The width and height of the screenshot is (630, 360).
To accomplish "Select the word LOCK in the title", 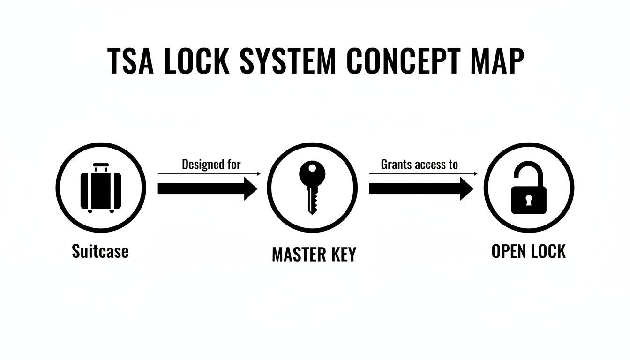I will point(196,61).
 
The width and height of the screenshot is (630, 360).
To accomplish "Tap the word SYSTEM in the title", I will point(288,61).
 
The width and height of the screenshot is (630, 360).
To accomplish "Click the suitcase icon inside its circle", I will point(101,188).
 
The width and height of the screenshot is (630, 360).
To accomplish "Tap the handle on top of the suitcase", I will point(101,167).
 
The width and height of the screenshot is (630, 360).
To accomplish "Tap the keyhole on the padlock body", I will point(529,201).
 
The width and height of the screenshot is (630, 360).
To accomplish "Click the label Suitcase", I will point(100,251).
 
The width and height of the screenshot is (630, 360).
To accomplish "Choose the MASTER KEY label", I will point(314,254).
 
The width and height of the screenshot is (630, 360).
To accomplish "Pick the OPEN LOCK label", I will point(528,251).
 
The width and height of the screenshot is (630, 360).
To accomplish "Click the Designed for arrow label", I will point(211,165).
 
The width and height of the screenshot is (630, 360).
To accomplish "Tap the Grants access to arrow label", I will point(419,165).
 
